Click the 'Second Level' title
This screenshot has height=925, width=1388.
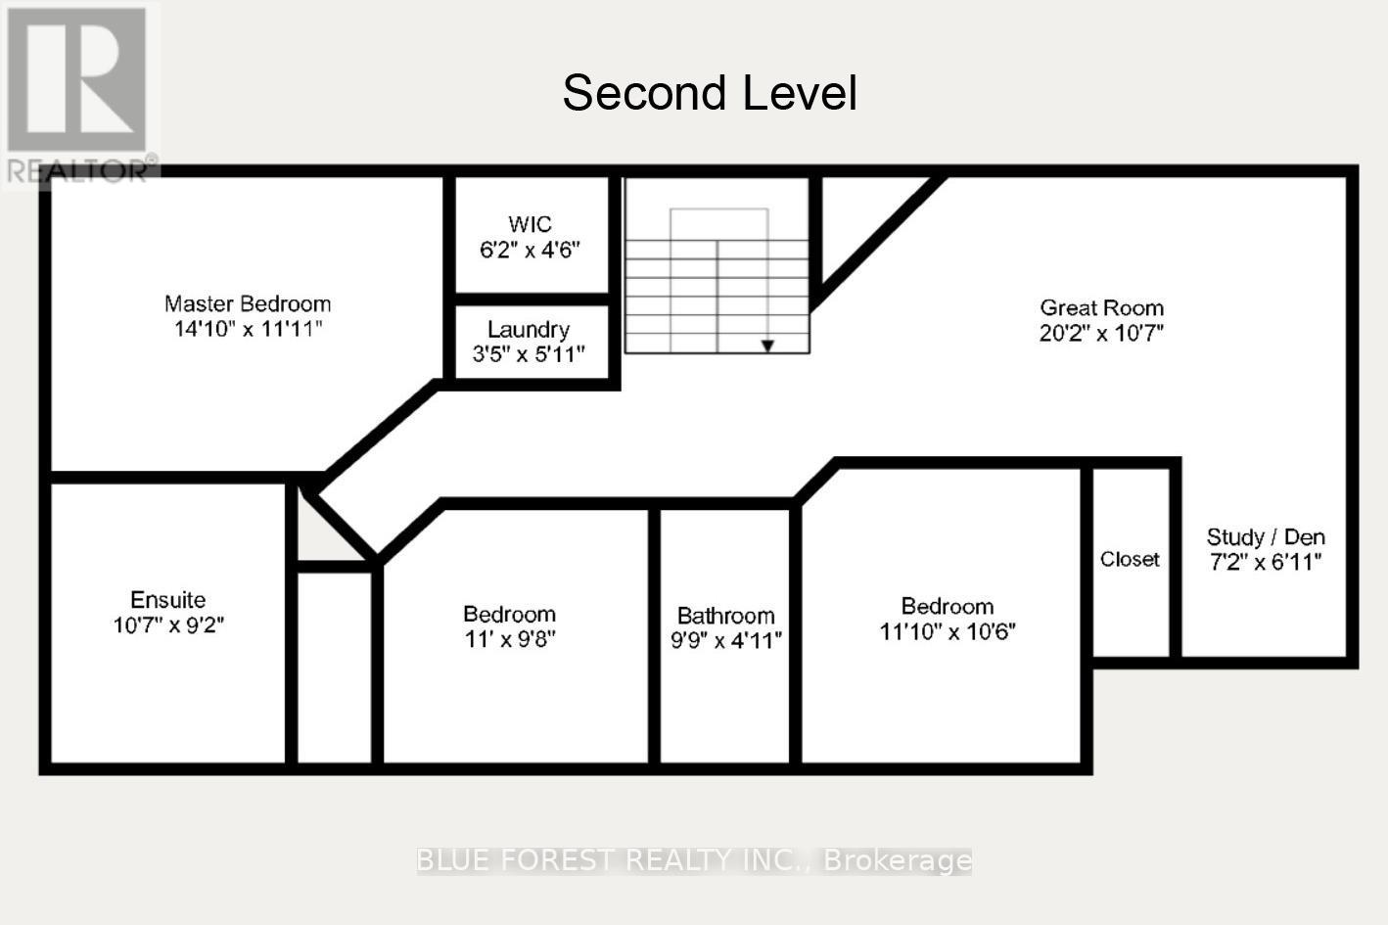point(710,93)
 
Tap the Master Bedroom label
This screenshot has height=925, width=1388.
point(248,303)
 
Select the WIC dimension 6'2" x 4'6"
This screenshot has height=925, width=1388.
point(530,250)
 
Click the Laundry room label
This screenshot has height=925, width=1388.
point(529,329)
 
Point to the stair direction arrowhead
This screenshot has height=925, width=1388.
point(768,346)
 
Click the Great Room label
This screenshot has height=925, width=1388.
point(1101,307)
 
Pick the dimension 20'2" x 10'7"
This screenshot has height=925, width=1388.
point(1101,333)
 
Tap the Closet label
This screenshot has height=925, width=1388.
point(1130,559)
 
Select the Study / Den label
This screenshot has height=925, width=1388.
point(1266,536)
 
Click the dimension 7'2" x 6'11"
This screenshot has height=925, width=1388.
point(1266,562)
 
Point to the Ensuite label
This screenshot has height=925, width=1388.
point(168,599)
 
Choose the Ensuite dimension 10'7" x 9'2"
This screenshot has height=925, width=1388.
point(168,624)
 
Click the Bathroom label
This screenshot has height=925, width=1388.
point(725,615)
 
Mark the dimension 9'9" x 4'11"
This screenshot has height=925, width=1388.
point(725,640)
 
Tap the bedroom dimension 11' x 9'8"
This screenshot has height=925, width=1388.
point(509,639)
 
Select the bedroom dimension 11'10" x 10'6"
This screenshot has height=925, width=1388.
point(948,631)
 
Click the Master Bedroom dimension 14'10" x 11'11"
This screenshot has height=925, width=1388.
point(248,329)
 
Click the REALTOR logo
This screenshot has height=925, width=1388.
point(78,93)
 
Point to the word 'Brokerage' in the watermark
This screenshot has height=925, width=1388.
point(898,860)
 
